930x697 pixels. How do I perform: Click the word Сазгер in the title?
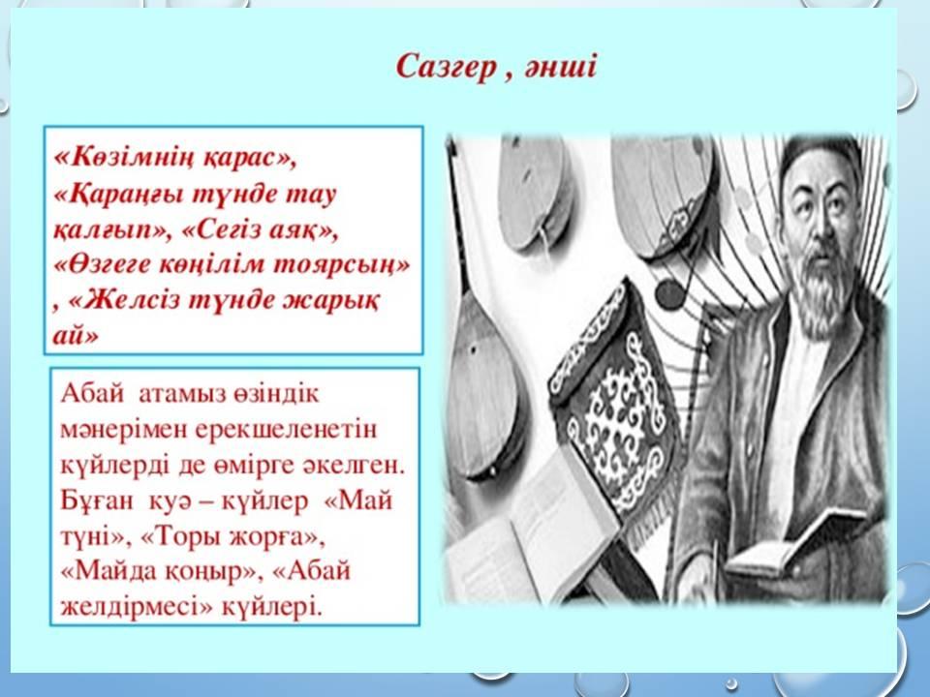coord(446,67)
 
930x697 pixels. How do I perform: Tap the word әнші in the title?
coord(560,67)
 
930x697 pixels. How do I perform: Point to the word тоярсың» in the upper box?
coord(341,264)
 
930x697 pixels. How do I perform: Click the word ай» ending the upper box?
coord(76,335)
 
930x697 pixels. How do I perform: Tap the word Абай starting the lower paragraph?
coord(93,393)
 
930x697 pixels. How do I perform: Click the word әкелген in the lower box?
coord(354,466)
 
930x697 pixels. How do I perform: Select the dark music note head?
coord(669,294)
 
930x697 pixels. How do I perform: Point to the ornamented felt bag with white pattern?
coord(614,409)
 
